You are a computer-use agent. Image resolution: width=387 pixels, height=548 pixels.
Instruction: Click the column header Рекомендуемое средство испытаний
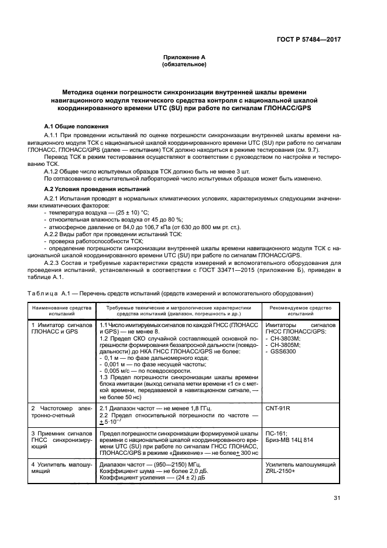tap(300, 311)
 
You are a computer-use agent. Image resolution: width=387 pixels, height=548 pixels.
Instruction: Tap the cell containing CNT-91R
tap(279, 407)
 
